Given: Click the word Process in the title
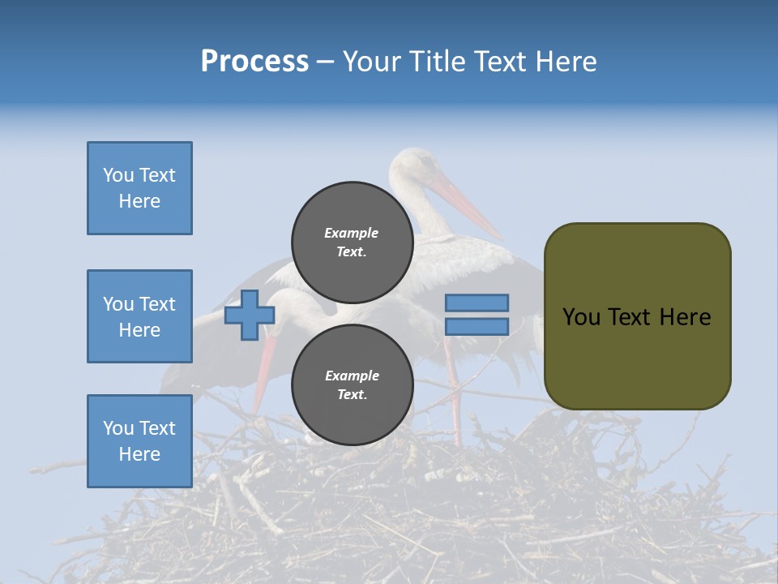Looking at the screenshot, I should point(254,61).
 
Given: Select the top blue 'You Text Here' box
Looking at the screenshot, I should point(139,188).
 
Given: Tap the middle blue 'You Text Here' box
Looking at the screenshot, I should point(139,316).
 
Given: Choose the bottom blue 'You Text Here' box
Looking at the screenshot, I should point(139,441).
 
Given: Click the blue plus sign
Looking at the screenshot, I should point(249,315).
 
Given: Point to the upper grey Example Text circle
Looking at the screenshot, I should point(353,242).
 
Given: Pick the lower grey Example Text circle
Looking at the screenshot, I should point(353,384).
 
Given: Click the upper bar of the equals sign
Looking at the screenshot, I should point(477,303).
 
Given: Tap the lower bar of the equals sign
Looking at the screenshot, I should point(477,326).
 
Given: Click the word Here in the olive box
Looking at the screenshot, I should point(686,317).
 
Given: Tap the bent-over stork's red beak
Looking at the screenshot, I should point(263,369).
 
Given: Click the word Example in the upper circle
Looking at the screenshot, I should point(352,233).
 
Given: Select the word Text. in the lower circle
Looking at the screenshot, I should point(352,395).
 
